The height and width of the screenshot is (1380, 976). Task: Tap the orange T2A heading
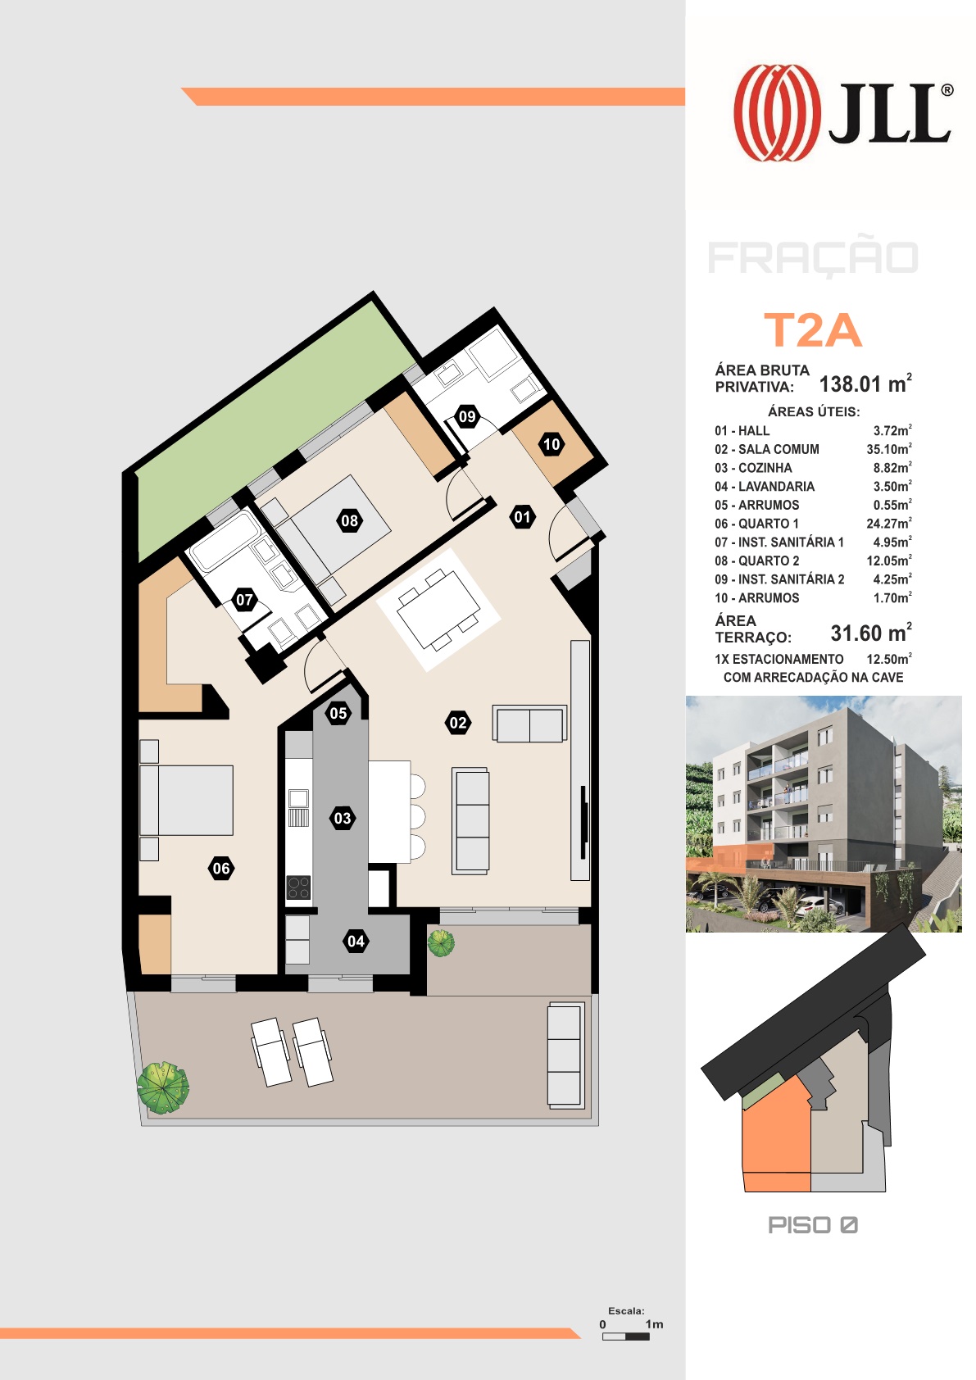coord(813,331)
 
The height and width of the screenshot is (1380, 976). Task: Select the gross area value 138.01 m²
coord(865,384)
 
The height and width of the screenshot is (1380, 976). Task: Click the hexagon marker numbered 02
coord(458,723)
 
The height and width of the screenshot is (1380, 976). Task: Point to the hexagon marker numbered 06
coord(221,869)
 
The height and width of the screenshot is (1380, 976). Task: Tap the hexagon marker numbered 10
coord(552,443)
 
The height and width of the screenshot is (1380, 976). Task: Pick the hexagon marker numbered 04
coord(356,942)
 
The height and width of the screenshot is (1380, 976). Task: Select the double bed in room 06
coord(187,800)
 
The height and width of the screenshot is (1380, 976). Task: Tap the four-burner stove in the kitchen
coord(299,887)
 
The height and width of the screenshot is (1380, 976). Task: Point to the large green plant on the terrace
coord(162,1087)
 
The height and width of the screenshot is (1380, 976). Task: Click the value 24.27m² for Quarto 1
coord(889,523)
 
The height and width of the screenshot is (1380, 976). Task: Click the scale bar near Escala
coord(625,1337)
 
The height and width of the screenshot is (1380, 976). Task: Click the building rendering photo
coord(824,814)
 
